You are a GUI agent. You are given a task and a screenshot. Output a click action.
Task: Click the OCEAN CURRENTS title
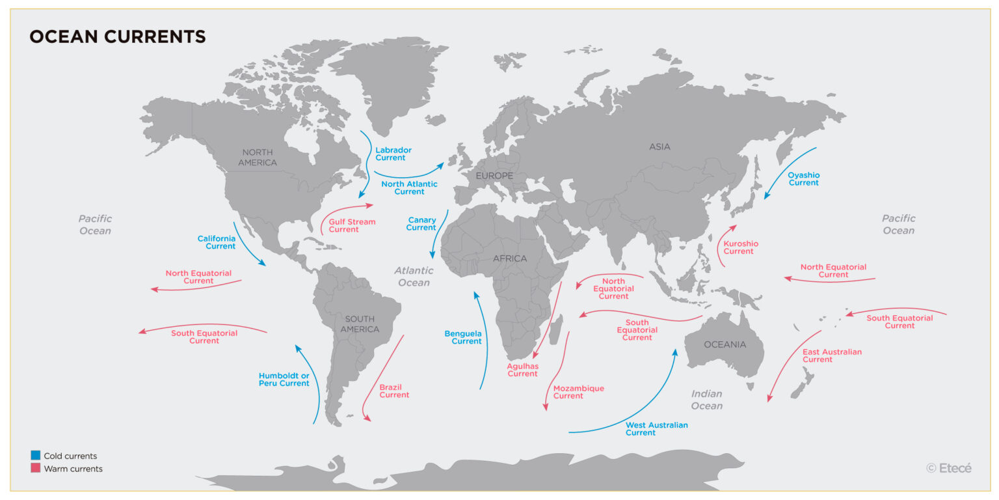click(x=118, y=36)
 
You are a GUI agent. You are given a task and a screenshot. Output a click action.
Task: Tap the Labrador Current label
click(x=393, y=154)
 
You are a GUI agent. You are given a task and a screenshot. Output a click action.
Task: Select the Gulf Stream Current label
click(x=352, y=225)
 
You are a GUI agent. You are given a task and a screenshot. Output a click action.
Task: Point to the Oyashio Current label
click(x=803, y=179)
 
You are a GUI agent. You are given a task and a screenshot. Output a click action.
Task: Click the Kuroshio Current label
click(x=741, y=247)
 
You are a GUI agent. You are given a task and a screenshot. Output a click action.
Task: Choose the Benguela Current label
click(x=463, y=337)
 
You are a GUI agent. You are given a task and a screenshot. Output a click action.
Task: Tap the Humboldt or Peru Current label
click(x=284, y=380)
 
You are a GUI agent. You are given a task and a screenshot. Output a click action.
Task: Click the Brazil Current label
click(x=394, y=391)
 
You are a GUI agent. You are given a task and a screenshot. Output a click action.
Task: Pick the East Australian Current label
click(x=831, y=355)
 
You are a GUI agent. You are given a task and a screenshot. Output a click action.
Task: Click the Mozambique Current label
click(x=578, y=392)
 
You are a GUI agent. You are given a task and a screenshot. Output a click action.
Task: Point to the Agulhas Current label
click(x=522, y=370)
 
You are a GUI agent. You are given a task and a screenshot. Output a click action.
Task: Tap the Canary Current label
click(x=421, y=224)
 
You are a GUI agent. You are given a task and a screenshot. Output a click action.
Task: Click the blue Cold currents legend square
click(x=35, y=456)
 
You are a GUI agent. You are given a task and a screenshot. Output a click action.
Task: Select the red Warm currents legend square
click(x=35, y=468)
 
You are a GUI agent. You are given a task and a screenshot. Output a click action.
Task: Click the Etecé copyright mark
click(x=949, y=467)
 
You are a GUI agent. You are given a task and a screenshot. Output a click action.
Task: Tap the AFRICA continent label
click(x=509, y=258)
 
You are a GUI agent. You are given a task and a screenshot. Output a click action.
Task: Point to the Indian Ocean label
click(x=706, y=400)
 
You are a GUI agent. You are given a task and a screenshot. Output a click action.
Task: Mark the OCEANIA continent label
click(x=725, y=344)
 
